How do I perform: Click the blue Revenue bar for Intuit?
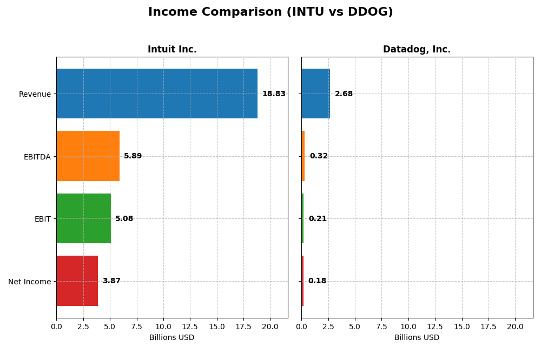pos(157,94)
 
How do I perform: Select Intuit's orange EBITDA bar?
pos(88,156)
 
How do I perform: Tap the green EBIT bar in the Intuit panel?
pos(83,218)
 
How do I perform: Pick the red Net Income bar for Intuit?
pos(77,281)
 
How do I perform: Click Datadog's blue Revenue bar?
pos(315,94)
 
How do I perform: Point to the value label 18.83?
pos(274,94)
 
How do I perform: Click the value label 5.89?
pos(133,156)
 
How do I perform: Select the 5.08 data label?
pos(124,219)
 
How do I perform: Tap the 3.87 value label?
pos(111,281)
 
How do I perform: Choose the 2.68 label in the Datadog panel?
pos(344,94)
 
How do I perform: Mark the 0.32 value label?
pos(319,156)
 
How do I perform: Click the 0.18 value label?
pos(317,281)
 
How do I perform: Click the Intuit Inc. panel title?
pos(172,50)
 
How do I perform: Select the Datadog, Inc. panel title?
pos(417,50)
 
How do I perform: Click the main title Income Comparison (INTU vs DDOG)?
pos(270,12)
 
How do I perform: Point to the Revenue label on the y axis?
pos(35,95)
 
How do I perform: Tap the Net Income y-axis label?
pos(30,282)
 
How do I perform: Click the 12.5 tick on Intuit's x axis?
pos(190,326)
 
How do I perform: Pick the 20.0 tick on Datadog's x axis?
pos(515,326)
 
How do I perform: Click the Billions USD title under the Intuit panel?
pos(172,338)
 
